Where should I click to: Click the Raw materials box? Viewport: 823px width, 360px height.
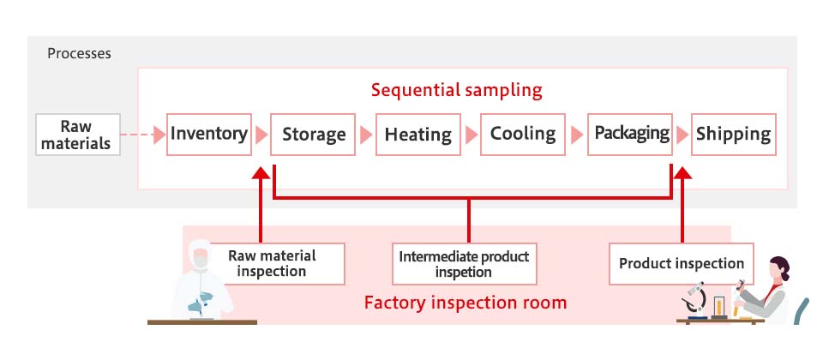pos(78,135)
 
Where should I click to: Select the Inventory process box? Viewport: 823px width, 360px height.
pos(209,135)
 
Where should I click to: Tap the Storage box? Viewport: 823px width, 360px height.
pos(313,135)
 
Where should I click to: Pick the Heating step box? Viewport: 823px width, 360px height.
pos(418,135)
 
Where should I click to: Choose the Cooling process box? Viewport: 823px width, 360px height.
pos(523,135)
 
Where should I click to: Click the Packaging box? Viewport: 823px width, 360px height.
pos(630,135)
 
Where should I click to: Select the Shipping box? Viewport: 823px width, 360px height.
pos(733,135)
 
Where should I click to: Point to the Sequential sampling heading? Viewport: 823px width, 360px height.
pos(457,90)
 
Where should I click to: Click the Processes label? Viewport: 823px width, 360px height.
pos(79,53)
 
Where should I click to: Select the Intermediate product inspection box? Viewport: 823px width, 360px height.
pos(464,263)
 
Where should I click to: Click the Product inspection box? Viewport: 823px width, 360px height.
pos(682,263)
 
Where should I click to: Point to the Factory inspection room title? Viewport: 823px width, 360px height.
pos(466,303)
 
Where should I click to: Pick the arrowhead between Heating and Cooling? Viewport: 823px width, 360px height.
pos(471,135)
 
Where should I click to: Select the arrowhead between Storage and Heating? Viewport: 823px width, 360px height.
pos(365,135)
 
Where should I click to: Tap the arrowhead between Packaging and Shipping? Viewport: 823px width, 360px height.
pos(682,135)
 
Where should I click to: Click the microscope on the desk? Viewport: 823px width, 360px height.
pos(695,301)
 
